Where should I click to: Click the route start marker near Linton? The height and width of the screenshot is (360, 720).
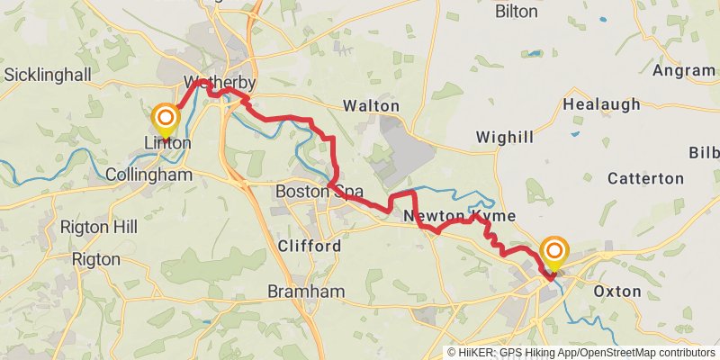tap(166, 118)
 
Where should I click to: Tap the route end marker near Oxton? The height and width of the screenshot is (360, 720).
tap(554, 250)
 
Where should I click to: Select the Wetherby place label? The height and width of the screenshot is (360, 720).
tap(220, 84)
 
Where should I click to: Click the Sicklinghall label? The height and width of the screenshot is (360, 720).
tap(49, 74)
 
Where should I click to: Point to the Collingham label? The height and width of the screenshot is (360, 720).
tap(148, 175)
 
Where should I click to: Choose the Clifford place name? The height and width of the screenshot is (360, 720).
tap(310, 246)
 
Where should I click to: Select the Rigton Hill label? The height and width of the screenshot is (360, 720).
tap(98, 227)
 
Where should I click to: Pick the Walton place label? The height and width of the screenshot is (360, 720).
tap(372, 106)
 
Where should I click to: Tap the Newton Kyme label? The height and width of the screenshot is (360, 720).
tap(459, 217)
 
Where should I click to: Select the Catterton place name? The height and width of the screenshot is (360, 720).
tap(645, 178)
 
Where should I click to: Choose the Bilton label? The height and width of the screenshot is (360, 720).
tap(517, 12)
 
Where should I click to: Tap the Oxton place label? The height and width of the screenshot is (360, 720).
tap(617, 291)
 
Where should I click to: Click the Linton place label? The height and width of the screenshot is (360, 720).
tap(167, 143)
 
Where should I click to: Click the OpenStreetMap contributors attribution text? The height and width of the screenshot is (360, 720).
tap(648, 353)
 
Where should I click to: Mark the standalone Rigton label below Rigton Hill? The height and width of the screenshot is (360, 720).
tap(95, 259)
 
